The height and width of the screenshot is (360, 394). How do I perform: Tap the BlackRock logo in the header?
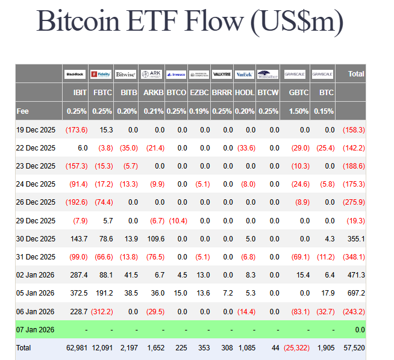click(x=75, y=74)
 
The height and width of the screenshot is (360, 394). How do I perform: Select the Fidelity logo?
click(x=101, y=74)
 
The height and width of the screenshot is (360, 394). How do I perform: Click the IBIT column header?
click(x=80, y=93)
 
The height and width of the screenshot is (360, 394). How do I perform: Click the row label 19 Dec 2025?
click(x=36, y=130)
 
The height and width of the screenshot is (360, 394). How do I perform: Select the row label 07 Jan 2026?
click(x=36, y=330)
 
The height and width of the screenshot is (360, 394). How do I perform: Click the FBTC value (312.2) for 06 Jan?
click(x=100, y=311)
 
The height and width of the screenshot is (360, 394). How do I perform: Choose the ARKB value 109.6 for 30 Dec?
click(x=155, y=239)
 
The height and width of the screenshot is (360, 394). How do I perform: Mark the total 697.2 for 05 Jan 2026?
click(x=354, y=293)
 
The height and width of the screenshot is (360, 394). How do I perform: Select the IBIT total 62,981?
click(x=75, y=348)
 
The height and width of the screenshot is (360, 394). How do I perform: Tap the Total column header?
click(x=356, y=73)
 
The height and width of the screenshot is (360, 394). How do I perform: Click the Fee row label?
click(x=23, y=111)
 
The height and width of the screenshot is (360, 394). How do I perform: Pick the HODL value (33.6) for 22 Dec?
click(x=245, y=148)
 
